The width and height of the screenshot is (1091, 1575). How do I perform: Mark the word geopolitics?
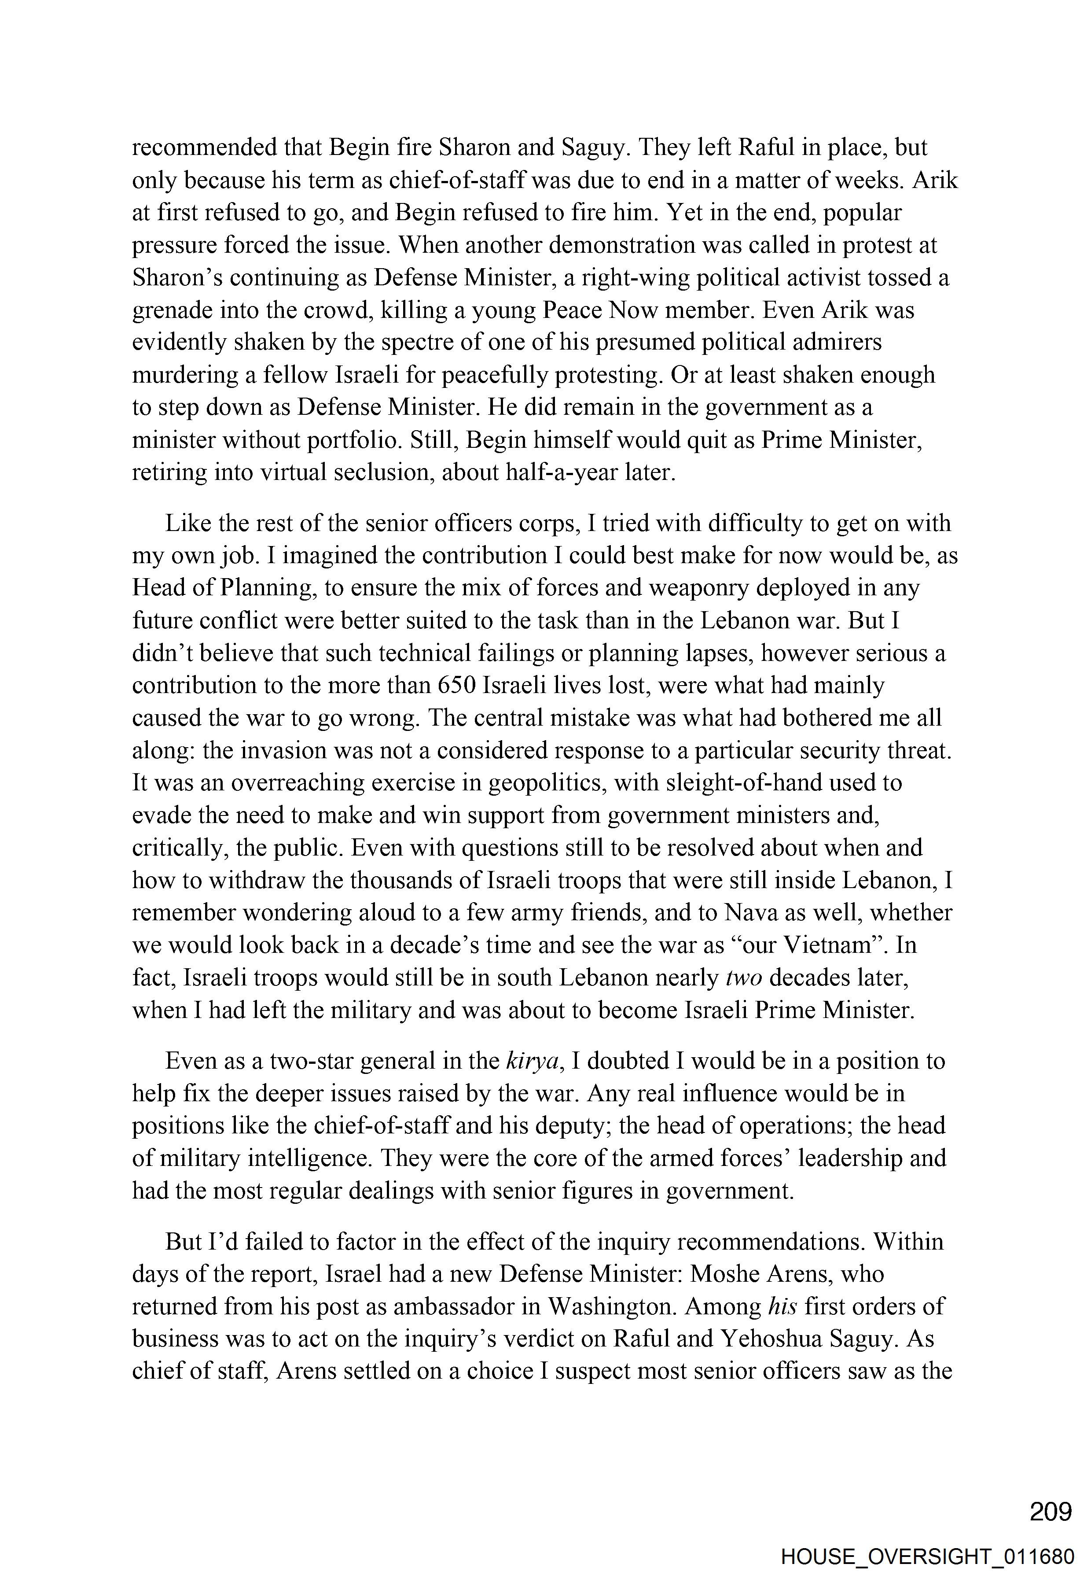click(x=546, y=783)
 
